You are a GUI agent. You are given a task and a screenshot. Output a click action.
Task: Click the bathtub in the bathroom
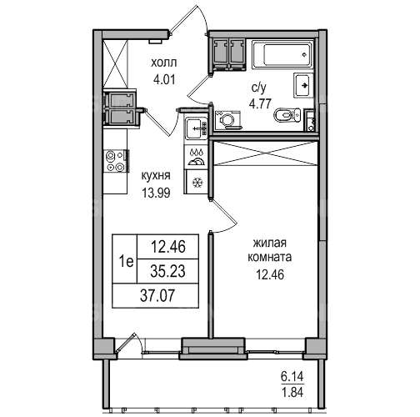click(283, 54)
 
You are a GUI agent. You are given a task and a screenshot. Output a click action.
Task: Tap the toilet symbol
click(287, 115)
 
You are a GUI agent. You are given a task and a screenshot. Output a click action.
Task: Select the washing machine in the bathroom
click(228, 120)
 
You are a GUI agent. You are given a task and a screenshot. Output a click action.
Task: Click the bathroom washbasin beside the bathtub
click(303, 85)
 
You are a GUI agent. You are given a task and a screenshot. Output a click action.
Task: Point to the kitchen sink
click(196, 128)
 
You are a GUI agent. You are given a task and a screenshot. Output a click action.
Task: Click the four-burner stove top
click(116, 161)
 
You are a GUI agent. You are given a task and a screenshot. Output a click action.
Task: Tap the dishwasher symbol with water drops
click(197, 157)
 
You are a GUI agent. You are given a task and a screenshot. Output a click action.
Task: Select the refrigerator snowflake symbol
click(197, 183)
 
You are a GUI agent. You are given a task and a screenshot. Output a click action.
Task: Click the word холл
click(164, 63)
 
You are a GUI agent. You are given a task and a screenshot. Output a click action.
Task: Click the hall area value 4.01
click(164, 80)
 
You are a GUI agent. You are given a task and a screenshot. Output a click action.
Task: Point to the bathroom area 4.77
click(260, 103)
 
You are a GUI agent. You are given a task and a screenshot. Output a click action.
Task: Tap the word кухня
click(156, 176)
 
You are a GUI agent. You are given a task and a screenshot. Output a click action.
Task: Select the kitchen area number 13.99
click(156, 193)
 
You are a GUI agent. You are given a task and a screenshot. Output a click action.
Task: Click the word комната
click(269, 258)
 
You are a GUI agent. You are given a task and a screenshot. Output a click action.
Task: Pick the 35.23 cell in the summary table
click(167, 271)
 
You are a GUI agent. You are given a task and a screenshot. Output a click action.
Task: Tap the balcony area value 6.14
click(292, 377)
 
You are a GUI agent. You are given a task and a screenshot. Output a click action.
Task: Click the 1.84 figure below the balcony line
click(292, 392)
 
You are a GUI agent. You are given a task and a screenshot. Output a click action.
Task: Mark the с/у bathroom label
click(259, 88)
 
